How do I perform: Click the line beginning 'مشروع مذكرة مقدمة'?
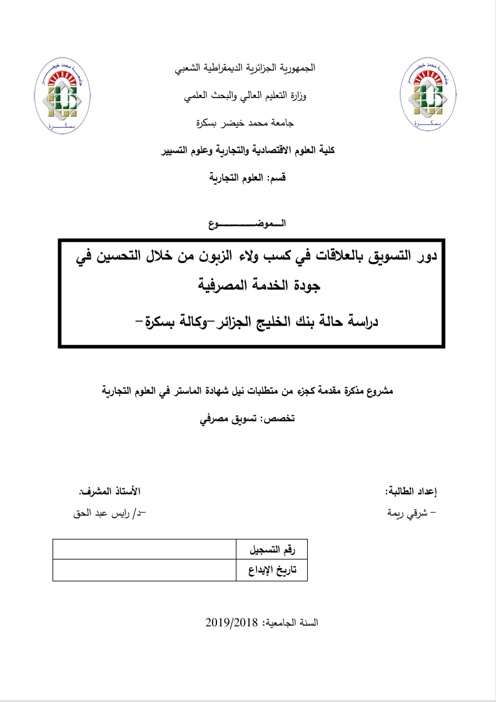[248, 391]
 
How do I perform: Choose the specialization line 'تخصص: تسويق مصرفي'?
[246, 418]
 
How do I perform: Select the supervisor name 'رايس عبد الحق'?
[110, 514]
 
